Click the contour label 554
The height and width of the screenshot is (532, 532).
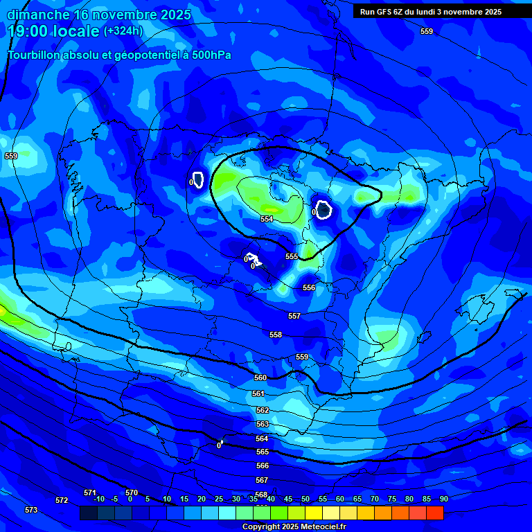[267, 219]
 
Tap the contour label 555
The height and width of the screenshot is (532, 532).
[292, 256]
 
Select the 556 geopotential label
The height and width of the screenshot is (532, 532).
[309, 287]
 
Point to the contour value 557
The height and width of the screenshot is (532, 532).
[294, 316]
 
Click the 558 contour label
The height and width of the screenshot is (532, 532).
[276, 335]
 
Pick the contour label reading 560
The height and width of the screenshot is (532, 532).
[260, 378]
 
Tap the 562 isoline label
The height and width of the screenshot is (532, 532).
[263, 410]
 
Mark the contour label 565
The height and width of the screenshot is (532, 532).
[263, 452]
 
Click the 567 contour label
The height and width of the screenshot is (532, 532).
[262, 480]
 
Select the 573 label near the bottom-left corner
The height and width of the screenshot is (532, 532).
[31, 510]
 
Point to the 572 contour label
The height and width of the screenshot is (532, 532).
[62, 500]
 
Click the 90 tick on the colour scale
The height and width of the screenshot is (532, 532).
[443, 499]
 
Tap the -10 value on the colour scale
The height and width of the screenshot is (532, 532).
[98, 499]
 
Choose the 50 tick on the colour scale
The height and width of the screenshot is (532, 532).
[305, 499]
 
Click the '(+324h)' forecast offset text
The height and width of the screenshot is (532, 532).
[123, 31]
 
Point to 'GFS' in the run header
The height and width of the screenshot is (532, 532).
[384, 12]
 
